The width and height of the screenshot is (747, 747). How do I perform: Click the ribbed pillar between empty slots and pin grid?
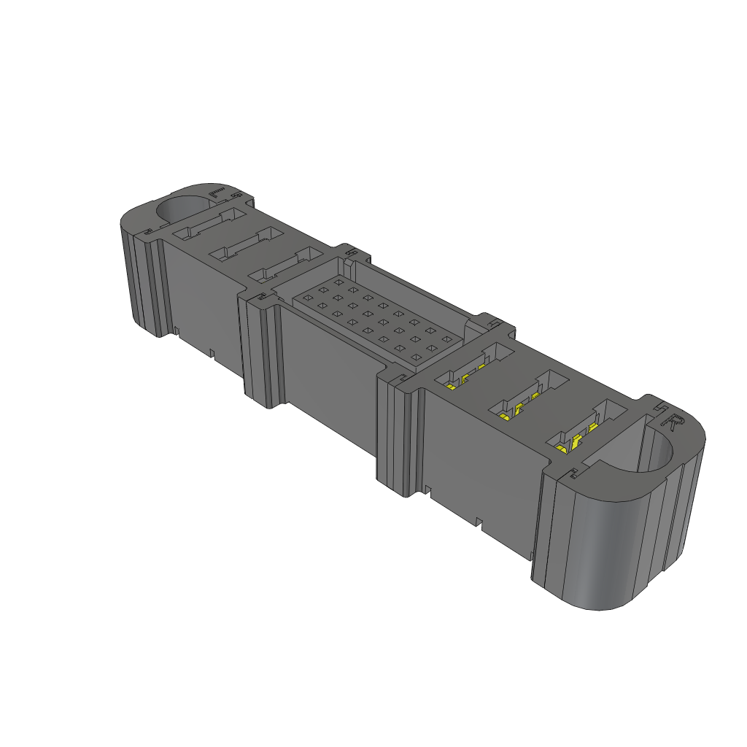click(261, 350)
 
